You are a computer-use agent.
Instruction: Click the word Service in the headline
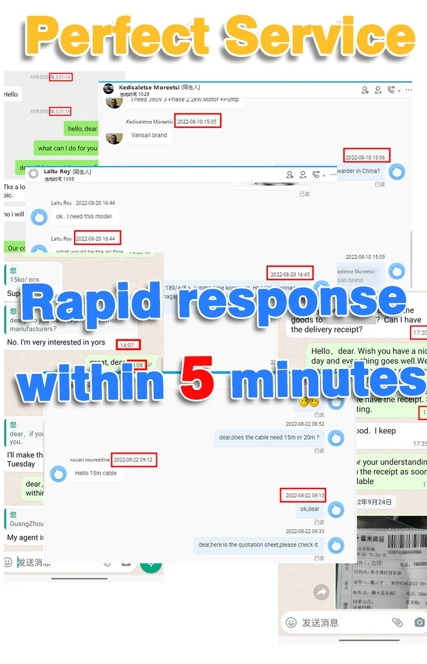tap(321, 35)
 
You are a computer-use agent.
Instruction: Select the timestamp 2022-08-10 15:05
tap(197, 122)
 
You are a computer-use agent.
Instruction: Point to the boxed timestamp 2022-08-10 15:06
tap(366, 156)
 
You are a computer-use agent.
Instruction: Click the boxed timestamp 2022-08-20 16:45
tap(290, 274)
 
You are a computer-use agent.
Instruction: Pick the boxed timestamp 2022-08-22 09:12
tap(133, 459)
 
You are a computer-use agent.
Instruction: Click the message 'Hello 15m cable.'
tap(96, 473)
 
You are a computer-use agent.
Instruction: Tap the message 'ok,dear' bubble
tap(310, 509)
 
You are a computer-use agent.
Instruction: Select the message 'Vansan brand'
tap(149, 135)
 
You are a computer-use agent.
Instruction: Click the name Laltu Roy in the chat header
tap(57, 171)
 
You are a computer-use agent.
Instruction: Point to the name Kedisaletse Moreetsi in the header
tap(149, 88)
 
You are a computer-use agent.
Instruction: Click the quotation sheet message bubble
tap(258, 545)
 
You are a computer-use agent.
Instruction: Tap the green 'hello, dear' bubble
tap(83, 129)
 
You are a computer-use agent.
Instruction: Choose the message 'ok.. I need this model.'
tap(84, 217)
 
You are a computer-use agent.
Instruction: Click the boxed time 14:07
tap(127, 345)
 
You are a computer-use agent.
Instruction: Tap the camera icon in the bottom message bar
tap(419, 622)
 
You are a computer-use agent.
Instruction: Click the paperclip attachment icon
tap(397, 622)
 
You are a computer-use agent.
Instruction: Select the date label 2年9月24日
tap(374, 502)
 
